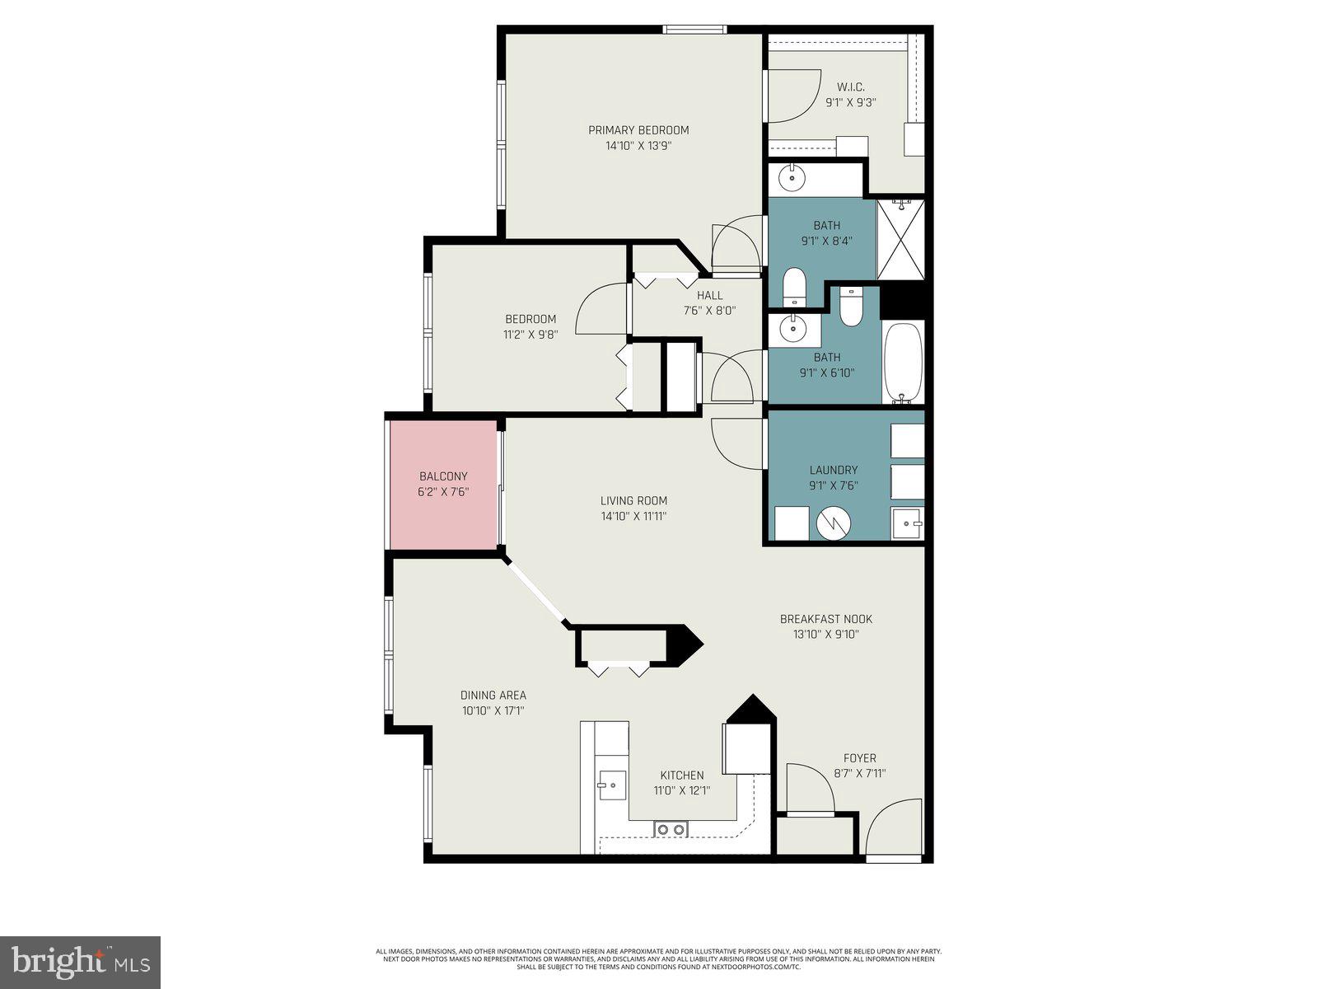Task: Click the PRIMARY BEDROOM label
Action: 638,130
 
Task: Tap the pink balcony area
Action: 444,485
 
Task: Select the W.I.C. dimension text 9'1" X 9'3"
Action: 850,103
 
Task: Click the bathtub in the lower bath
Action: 903,362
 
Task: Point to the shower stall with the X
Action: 900,240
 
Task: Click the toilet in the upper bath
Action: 794,285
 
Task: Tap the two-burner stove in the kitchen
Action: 671,829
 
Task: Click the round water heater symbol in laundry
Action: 834,523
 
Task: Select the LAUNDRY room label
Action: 834,470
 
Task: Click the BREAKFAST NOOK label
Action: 825,619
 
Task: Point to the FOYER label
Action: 859,758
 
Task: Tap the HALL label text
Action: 709,295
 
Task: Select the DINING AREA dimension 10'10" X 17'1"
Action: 493,710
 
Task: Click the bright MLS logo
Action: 80,962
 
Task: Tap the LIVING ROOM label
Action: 633,500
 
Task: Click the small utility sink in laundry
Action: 907,523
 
